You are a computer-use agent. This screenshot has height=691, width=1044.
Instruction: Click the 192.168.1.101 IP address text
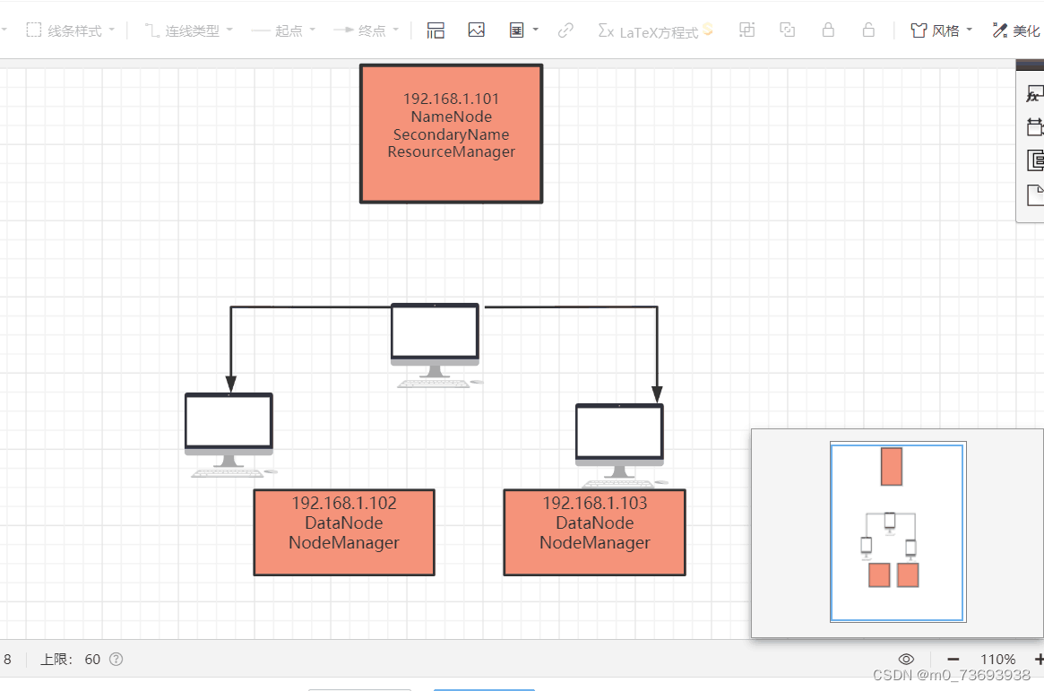click(451, 99)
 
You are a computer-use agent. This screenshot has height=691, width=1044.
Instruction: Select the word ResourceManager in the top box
click(451, 152)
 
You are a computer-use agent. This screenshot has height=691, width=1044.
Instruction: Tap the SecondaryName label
click(451, 134)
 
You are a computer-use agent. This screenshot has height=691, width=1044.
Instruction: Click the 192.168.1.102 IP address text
click(344, 504)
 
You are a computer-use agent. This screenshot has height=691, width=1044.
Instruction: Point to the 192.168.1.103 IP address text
click(595, 504)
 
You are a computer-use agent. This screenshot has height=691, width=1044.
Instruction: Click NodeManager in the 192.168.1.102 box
click(344, 542)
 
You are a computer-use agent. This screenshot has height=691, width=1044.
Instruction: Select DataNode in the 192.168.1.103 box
click(595, 523)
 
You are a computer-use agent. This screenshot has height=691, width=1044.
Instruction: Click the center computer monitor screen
click(435, 332)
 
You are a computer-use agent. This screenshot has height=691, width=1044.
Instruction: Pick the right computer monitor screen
click(619, 432)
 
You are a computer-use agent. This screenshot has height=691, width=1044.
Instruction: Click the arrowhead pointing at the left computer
click(231, 384)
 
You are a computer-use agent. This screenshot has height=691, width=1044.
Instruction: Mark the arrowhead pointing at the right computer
click(657, 394)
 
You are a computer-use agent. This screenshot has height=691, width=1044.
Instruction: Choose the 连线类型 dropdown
click(189, 30)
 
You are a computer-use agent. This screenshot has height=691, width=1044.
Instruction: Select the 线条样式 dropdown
click(72, 30)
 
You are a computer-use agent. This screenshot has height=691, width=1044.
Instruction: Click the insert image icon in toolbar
click(476, 30)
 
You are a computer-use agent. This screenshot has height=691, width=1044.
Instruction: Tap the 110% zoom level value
click(997, 660)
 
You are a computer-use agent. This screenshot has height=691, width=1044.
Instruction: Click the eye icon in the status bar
click(906, 660)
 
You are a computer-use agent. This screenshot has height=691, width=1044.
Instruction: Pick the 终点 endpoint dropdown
click(367, 30)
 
